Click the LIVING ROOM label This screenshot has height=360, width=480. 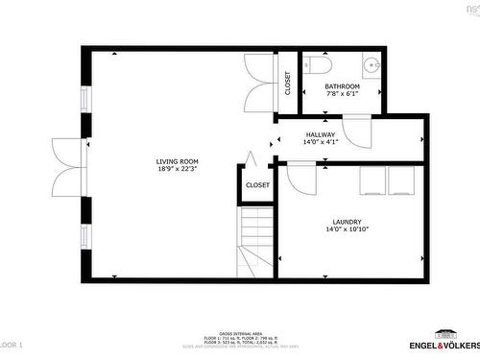tap(178, 161)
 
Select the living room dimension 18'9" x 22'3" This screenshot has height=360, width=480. tap(178, 170)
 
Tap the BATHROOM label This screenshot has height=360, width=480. tap(342, 85)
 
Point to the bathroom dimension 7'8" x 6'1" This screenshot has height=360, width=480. tap(342, 94)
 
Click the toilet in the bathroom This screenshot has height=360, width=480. tap(320, 64)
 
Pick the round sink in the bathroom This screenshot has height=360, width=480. tap(373, 66)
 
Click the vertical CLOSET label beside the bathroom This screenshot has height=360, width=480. tap(287, 84)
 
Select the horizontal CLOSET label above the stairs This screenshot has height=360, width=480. tap(257, 184)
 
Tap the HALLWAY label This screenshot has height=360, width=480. tap(321, 134)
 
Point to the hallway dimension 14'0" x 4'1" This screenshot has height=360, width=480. tap(321, 142)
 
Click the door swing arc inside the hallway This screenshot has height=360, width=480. tap(357, 132)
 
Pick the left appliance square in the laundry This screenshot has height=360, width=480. tap(373, 180)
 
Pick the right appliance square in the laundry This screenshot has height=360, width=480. tap(401, 180)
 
